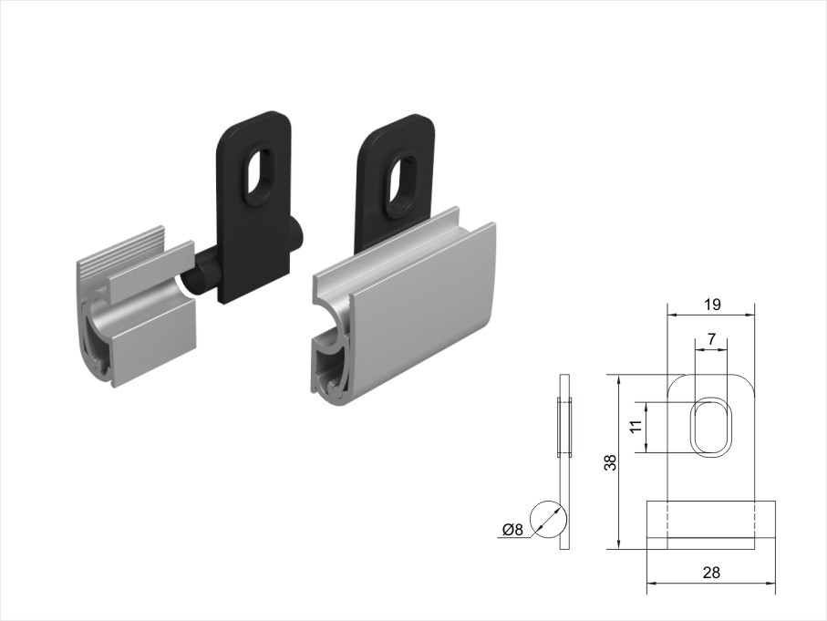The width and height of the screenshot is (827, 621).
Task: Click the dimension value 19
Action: point(711,305)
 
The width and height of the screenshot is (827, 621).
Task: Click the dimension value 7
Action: point(712,339)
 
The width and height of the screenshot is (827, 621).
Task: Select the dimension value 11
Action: point(637,427)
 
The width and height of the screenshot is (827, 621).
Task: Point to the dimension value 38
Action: point(611,462)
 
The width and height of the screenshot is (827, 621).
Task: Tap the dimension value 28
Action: point(711,573)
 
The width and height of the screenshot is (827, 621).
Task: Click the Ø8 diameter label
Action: point(512,529)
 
